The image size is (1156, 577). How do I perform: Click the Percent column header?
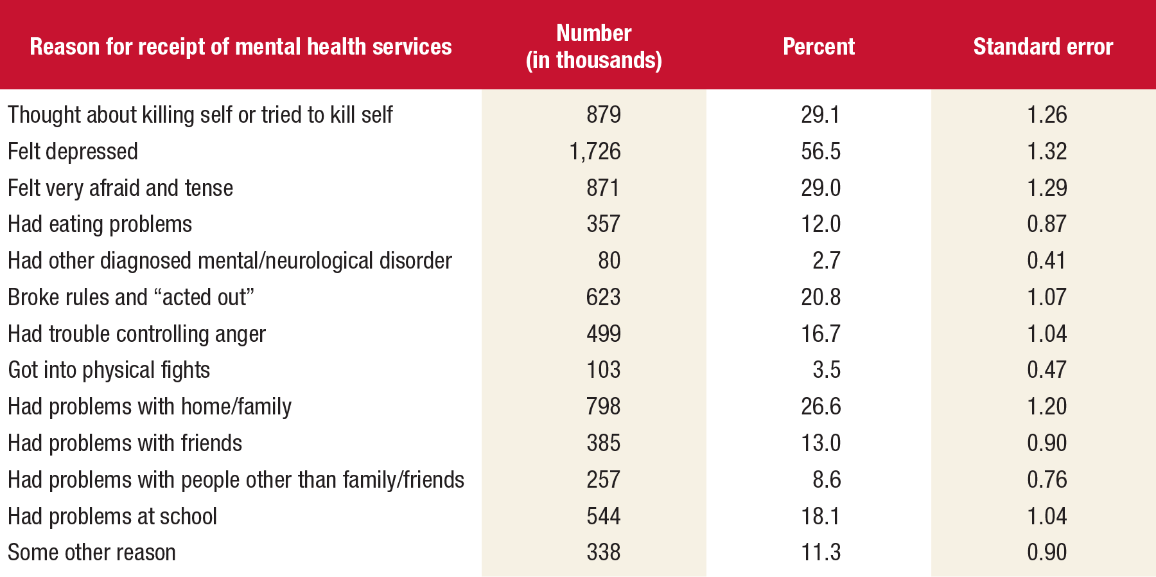click(x=818, y=47)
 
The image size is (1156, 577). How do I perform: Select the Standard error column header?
click(x=1043, y=47)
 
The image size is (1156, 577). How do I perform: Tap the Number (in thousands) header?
click(x=594, y=46)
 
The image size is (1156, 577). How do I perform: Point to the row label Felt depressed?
click(x=73, y=152)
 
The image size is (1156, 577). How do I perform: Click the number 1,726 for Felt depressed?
click(x=595, y=152)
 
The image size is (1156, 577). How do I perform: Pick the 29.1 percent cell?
click(x=820, y=115)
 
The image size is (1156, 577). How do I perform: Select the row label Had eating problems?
click(x=100, y=224)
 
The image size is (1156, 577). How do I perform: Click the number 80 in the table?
click(x=609, y=261)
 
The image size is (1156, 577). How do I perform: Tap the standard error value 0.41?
click(x=1046, y=261)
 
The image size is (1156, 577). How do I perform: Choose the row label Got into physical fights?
click(x=109, y=370)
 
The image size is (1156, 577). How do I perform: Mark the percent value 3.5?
click(x=826, y=370)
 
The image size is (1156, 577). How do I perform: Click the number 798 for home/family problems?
click(x=603, y=407)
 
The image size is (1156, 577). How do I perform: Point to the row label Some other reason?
click(x=91, y=553)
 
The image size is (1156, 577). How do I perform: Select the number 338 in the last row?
click(x=603, y=553)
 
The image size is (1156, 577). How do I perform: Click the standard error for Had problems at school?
click(x=1046, y=516)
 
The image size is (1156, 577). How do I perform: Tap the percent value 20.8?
click(x=820, y=297)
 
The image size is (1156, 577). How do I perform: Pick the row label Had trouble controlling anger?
click(x=136, y=334)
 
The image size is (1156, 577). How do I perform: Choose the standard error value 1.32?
click(x=1046, y=152)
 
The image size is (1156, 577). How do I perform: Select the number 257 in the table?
click(x=603, y=480)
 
